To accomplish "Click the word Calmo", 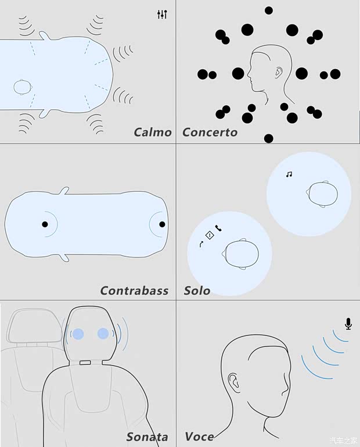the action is click(x=153, y=133).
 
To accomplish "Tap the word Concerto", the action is click(x=210, y=133).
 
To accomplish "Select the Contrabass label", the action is click(x=135, y=291).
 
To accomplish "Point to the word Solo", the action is click(x=197, y=291).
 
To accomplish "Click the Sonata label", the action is click(x=147, y=437).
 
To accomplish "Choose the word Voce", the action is click(x=199, y=437).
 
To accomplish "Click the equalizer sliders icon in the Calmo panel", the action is click(x=162, y=15).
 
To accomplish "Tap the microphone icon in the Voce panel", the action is click(x=348, y=324).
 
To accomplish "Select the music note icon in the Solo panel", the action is click(x=289, y=174).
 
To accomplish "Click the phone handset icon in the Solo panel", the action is click(x=218, y=228).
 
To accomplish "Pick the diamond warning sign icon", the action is click(x=210, y=235).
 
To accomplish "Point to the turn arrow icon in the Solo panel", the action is click(x=201, y=244).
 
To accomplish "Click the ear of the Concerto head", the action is click(x=279, y=73).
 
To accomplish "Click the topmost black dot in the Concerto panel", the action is click(x=269, y=10).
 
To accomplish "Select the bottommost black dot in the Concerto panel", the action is click(x=269, y=138).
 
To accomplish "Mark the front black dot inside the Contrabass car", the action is click(x=162, y=224).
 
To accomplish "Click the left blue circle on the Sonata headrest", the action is click(x=78, y=334).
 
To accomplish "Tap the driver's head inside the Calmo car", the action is click(x=23, y=87).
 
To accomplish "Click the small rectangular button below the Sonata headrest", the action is click(x=85, y=363).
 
